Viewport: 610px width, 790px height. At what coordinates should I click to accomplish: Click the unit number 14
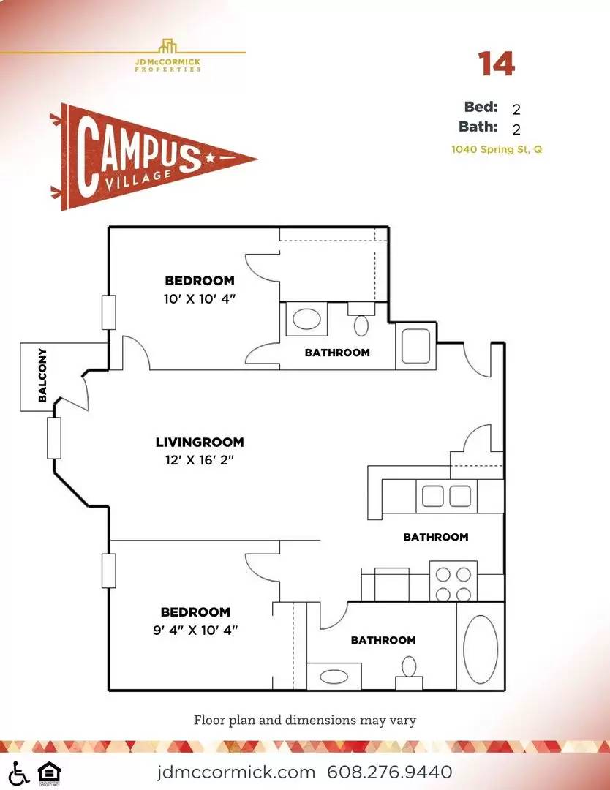pos(496,64)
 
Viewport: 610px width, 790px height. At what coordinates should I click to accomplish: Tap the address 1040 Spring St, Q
pos(497,149)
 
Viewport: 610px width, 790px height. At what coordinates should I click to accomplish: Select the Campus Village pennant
pos(154,157)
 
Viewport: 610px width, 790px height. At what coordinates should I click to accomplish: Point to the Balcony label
pos(42,375)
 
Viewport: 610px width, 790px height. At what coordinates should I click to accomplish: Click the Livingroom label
pos(200,443)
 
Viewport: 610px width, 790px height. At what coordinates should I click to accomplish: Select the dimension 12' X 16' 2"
pos(200,460)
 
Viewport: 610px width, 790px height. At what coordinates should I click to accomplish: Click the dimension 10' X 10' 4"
pos(200,298)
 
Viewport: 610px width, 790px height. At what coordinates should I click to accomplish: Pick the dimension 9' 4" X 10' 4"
pos(195,630)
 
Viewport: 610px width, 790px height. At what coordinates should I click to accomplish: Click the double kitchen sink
pos(446,496)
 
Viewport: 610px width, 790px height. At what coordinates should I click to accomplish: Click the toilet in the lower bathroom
pos(409,673)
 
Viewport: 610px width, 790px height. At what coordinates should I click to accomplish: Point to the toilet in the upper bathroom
pos(361,319)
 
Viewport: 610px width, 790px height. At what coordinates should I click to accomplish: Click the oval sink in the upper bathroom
pos(306,320)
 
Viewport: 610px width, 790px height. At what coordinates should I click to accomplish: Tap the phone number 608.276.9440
pos(389,772)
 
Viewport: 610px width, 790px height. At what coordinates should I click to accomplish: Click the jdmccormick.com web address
pos(236,772)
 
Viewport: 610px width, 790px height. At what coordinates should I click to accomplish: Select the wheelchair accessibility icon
pos(18,774)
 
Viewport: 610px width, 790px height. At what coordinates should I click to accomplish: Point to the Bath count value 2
pos(516,129)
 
